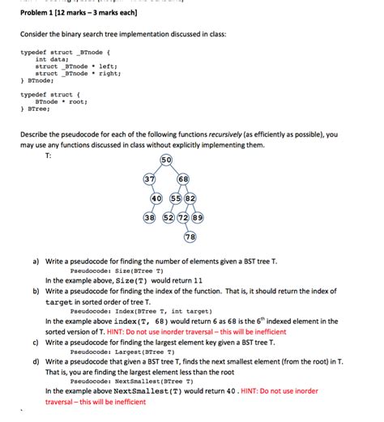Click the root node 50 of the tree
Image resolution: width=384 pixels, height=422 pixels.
(x=166, y=160)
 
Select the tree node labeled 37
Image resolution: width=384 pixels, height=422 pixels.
(x=150, y=179)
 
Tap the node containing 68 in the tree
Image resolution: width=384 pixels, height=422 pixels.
(x=182, y=179)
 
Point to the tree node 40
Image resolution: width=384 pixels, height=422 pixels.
(x=156, y=198)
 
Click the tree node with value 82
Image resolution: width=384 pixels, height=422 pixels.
(x=190, y=198)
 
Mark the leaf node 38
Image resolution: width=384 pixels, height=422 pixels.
(x=150, y=218)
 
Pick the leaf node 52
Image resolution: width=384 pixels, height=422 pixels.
(x=168, y=218)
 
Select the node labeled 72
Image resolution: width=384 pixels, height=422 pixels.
(x=183, y=218)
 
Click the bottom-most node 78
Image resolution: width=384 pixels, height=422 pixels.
(x=190, y=237)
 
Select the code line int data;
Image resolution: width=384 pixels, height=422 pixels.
(x=51, y=59)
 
